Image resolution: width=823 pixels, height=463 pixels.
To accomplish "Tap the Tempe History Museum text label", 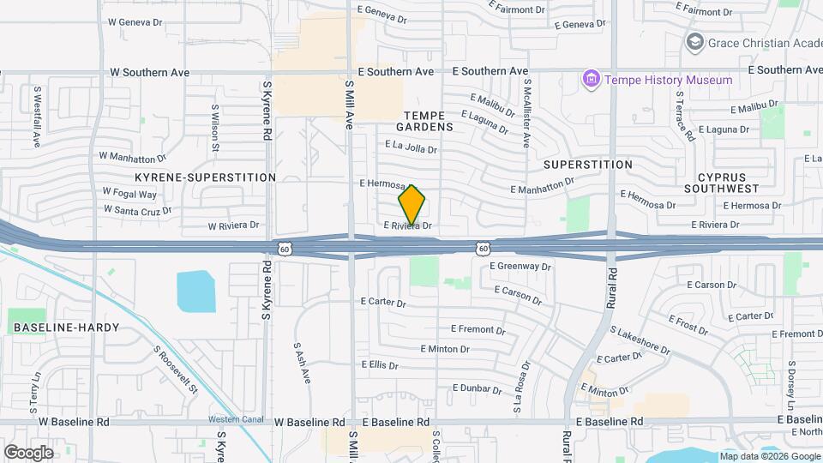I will [x=669, y=80].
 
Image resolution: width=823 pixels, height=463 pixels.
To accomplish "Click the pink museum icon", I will [x=590, y=80].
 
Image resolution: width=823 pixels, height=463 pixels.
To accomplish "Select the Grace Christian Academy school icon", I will [x=694, y=41].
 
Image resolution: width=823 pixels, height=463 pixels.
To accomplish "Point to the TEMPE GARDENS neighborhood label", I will [x=429, y=120].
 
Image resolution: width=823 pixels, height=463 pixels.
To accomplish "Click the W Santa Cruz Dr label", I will [x=137, y=209].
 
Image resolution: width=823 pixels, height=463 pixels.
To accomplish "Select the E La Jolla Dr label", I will [x=411, y=148].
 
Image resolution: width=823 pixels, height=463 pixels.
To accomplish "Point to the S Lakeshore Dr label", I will [x=640, y=340].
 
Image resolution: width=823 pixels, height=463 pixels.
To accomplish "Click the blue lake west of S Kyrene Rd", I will [x=195, y=292].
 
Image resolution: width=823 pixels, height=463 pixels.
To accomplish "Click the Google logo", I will [x=28, y=452].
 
